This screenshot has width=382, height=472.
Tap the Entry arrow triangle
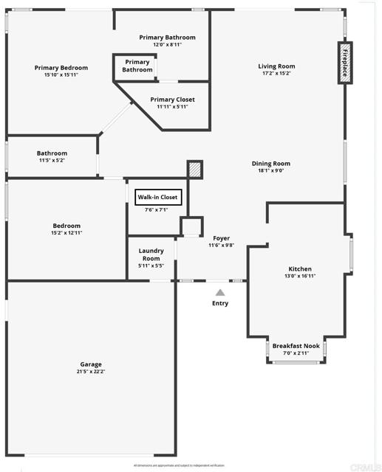tap(219, 293)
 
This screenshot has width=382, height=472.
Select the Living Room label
tap(276, 66)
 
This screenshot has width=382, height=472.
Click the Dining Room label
tap(271, 164)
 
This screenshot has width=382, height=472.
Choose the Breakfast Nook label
tap(296, 346)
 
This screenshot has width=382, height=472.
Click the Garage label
tap(91, 364)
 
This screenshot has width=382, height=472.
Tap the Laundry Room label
tap(151, 254)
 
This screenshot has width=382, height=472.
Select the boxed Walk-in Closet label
tap(157, 197)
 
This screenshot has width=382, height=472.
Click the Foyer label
tap(221, 238)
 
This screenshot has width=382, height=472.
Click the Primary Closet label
tap(172, 100)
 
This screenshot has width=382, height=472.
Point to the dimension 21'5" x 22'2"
tap(92, 372)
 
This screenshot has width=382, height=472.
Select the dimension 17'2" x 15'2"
tap(276, 74)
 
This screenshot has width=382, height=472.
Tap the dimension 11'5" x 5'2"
tap(52, 160)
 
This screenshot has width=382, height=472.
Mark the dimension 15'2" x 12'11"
tap(66, 233)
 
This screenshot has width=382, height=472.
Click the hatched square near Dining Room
tap(194, 169)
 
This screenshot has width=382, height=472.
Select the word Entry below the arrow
tap(220, 303)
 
